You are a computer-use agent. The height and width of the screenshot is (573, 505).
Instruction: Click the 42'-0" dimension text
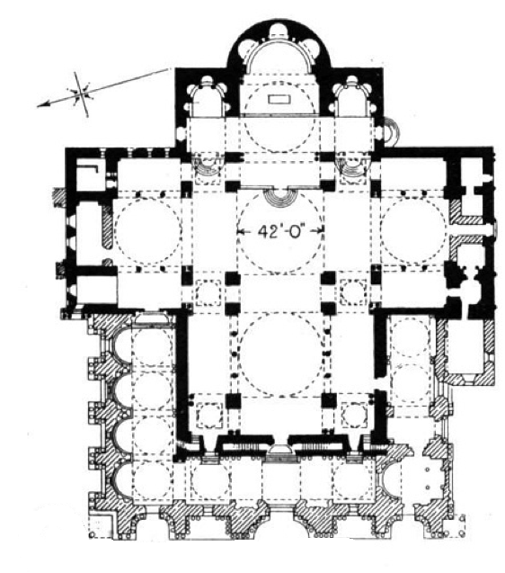[280, 231]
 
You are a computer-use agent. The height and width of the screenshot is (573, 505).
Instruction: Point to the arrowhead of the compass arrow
[42, 105]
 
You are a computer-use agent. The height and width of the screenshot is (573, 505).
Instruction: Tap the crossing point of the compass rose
[81, 93]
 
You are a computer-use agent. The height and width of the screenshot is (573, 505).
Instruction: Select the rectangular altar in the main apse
[280, 99]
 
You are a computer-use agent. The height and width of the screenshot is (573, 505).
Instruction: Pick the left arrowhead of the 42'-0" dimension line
[240, 231]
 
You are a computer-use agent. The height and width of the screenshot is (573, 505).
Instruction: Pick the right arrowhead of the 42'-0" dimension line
[321, 230]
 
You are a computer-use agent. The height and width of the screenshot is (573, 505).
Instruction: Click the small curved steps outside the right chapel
[389, 132]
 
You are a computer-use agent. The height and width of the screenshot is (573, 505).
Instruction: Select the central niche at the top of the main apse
[279, 31]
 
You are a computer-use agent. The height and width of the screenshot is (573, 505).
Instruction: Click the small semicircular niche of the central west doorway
[280, 449]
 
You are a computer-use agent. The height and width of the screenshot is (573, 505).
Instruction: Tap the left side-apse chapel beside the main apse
[207, 98]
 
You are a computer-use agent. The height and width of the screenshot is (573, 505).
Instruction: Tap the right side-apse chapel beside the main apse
[351, 97]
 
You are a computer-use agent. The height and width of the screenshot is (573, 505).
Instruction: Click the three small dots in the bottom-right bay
[427, 478]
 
